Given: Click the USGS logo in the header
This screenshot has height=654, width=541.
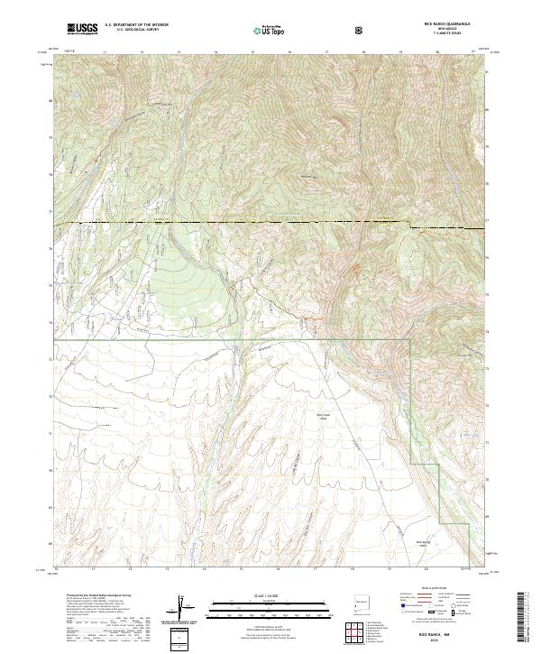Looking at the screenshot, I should tap(82, 29).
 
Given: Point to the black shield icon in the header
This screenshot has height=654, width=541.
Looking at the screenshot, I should tap(360, 30).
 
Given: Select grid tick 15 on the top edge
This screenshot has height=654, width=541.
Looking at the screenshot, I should tap(252, 52).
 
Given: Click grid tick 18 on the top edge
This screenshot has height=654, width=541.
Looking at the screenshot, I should tap(362, 52).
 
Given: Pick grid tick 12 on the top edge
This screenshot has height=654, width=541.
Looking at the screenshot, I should tap(142, 52).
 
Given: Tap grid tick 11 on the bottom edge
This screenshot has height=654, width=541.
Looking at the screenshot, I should tap(93, 569).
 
